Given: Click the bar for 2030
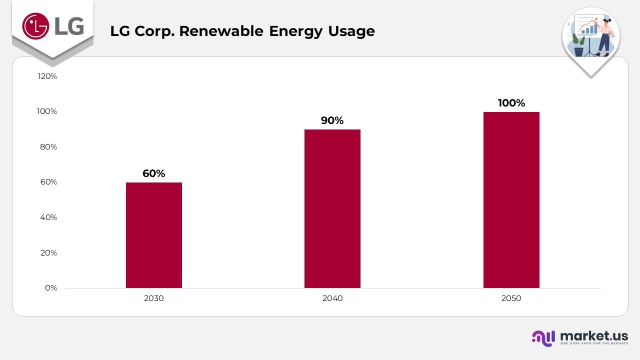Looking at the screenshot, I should (153, 235).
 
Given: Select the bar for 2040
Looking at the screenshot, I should (332, 208).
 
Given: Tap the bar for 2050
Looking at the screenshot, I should (511, 200).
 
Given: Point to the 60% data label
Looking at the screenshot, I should (153, 173).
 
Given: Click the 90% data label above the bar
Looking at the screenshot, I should (332, 120).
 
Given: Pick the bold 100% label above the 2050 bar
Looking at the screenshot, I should (511, 103).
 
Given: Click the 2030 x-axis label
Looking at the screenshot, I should (153, 298).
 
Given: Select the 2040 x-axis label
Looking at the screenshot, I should (332, 298).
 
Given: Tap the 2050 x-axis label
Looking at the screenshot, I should (511, 298).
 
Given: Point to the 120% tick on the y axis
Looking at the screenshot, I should (47, 76).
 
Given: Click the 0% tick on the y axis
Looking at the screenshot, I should (51, 288).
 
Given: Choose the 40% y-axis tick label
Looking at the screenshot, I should (48, 217).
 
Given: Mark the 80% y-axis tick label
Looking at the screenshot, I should (48, 147).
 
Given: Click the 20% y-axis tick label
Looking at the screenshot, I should (48, 253).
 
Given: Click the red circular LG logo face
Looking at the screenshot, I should (35, 25).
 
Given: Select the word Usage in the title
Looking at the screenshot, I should (351, 31).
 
